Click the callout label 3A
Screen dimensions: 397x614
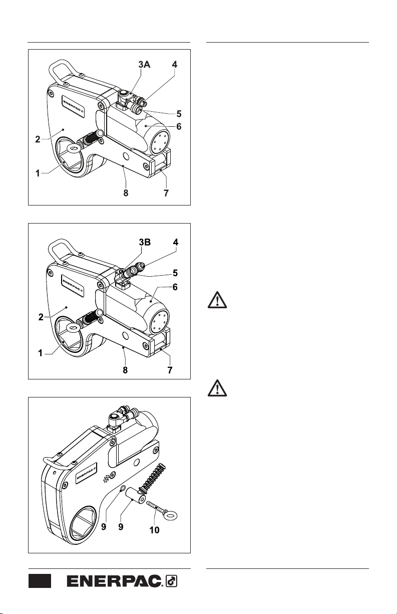coord(144,65)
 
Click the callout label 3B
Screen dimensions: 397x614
coord(145,242)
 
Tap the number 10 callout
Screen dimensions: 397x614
coord(154,530)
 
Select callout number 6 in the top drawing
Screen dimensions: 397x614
coord(179,126)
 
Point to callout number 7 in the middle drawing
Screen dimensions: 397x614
coord(170,370)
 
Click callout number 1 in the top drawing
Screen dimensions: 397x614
coord(38,173)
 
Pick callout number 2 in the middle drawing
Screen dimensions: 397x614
coord(41,317)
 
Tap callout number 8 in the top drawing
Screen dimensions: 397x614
coord(126,193)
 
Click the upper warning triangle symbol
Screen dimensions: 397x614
coord(217,300)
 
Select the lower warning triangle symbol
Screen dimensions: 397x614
coord(217,388)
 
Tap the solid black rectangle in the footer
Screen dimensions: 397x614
coord(40,581)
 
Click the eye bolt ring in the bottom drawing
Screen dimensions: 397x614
coord(171,516)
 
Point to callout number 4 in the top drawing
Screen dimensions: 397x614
coord(174,65)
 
